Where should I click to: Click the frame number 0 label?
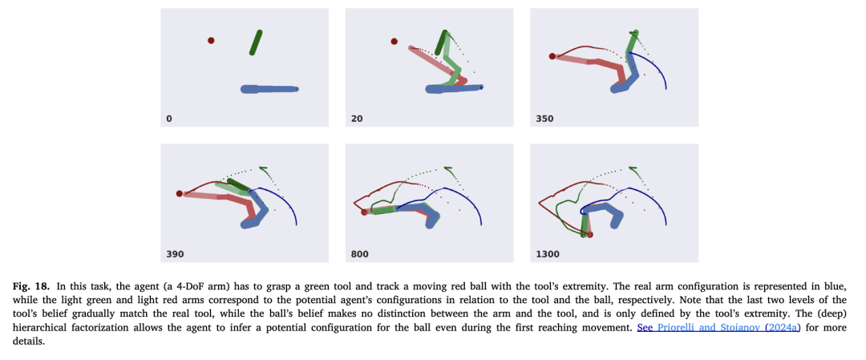[x=168, y=119]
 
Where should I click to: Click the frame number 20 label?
[x=357, y=119]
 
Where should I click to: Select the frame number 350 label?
[x=544, y=119]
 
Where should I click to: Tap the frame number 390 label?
[x=174, y=254]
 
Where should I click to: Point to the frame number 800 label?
[x=360, y=254]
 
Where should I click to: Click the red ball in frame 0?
[x=211, y=40]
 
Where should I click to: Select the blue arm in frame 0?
[x=269, y=89]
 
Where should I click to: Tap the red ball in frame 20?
[x=394, y=41]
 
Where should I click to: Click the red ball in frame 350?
[x=552, y=56]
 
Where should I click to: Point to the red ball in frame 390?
[x=179, y=193]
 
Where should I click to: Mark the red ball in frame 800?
[x=364, y=212]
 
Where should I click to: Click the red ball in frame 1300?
[x=590, y=234]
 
